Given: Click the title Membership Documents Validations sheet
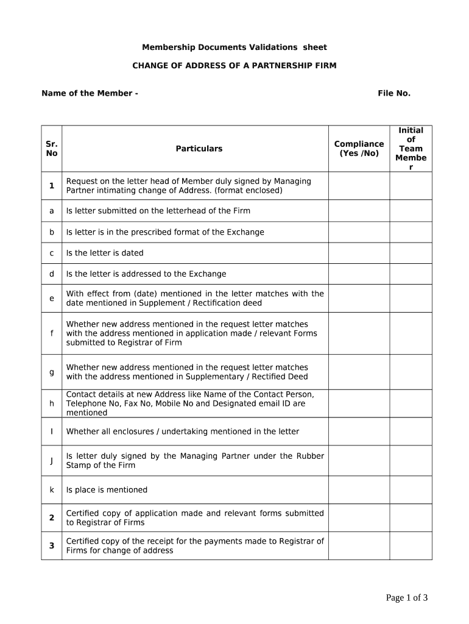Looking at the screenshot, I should pyautogui.click(x=234, y=48).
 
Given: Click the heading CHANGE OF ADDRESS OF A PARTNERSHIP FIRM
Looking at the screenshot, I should pyautogui.click(x=234, y=65).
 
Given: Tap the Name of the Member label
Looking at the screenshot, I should pyautogui.click(x=90, y=93).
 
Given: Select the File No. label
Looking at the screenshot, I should pyautogui.click(x=393, y=93).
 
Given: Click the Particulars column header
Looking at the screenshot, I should pyautogui.click(x=199, y=149).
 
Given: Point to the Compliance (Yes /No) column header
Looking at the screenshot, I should pyautogui.click(x=359, y=149).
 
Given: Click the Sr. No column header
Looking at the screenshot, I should pyautogui.click(x=52, y=149).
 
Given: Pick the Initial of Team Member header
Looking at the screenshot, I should pyautogui.click(x=411, y=149).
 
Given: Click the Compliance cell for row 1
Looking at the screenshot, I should pyautogui.click(x=359, y=186).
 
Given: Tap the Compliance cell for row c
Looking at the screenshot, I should pyautogui.click(x=359, y=253).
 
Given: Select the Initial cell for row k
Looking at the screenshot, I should pyautogui.click(x=411, y=490).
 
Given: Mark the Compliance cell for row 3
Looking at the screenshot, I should pyautogui.click(x=359, y=546).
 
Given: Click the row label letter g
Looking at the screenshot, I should pyautogui.click(x=52, y=372).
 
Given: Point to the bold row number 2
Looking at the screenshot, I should pyautogui.click(x=52, y=518).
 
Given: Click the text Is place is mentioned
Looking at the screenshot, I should pyautogui.click(x=107, y=490).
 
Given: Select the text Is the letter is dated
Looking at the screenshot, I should pyautogui.click(x=105, y=253).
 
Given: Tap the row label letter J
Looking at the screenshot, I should pyautogui.click(x=52, y=461).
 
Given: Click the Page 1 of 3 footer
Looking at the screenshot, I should pyautogui.click(x=406, y=598).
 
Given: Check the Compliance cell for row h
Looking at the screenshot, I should pyautogui.click(x=359, y=403).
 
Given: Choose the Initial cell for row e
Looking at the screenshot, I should pyautogui.click(x=411, y=299).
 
